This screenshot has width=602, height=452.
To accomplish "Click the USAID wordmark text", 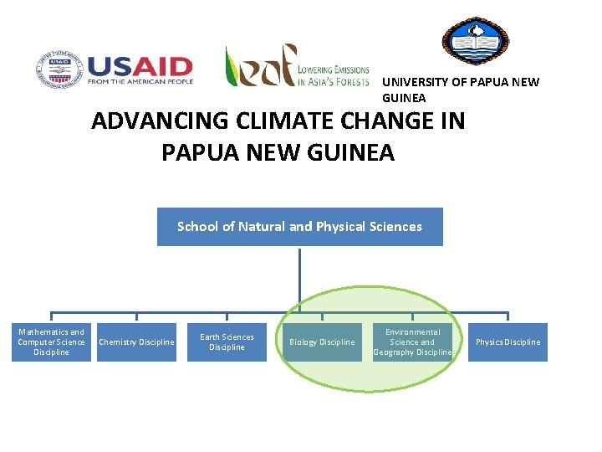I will point(140,66).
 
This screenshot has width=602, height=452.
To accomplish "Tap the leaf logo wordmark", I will point(259,66).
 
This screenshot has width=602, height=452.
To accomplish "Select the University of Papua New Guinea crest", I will point(475,41).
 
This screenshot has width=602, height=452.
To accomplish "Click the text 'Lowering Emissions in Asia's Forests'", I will point(334,75).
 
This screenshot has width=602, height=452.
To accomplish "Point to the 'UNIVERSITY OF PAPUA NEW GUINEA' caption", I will point(460,90).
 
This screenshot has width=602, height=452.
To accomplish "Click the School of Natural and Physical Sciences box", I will point(299,227).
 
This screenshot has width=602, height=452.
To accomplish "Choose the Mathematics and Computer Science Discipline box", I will point(51,342).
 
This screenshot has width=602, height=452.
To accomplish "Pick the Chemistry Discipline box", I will point(136,342).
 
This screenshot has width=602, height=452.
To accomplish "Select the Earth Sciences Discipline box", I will point(227,342).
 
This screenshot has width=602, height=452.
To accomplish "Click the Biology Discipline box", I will point(322,342).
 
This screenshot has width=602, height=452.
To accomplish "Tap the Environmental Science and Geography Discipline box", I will point(412,342).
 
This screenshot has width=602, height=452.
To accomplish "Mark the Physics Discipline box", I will point(508,342).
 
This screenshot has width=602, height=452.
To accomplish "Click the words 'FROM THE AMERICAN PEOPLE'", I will point(140,82).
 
